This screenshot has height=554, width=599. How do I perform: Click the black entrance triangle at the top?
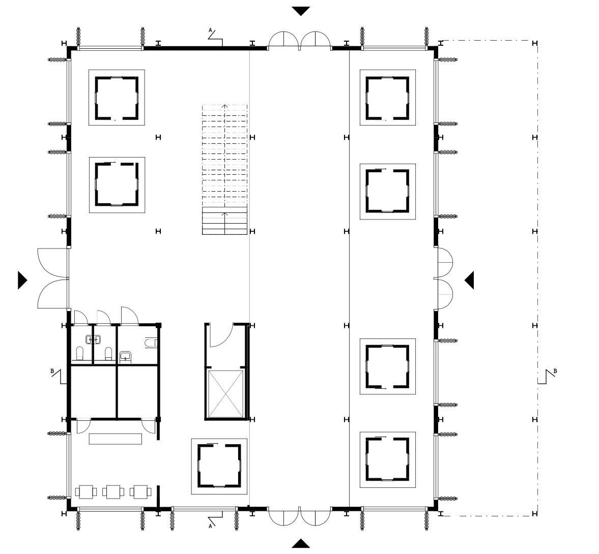click(301, 11)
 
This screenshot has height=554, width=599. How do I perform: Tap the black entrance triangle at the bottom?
click(301, 544)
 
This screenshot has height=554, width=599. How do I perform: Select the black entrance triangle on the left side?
click(22, 280)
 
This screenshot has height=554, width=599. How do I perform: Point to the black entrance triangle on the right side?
click(470, 280)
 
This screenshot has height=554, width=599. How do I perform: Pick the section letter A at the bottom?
click(210, 527)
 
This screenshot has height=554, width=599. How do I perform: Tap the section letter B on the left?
click(52, 372)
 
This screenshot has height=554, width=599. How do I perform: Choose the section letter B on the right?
click(555, 371)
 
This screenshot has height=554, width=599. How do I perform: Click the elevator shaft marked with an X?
click(226, 393)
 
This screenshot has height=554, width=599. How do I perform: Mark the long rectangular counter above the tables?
click(116, 439)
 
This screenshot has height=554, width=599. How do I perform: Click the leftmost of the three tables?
click(87, 491)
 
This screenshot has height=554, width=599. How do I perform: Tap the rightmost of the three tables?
click(140, 491)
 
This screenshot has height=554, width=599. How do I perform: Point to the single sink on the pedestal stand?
click(126, 356)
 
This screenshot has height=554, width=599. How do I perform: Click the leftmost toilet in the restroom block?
click(79, 353)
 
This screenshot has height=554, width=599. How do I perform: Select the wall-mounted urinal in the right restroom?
click(151, 344)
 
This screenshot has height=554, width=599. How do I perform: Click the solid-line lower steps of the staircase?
click(225, 221)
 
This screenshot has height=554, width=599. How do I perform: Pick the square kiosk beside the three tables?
click(219, 466)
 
